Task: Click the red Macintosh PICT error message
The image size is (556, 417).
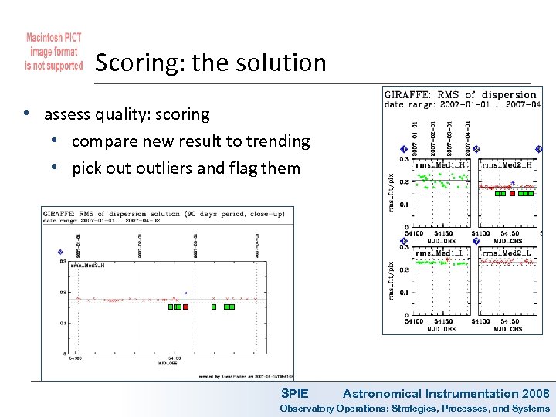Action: (53, 52)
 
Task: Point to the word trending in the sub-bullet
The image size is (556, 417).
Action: (276, 141)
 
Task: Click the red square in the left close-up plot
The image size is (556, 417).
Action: (185, 307)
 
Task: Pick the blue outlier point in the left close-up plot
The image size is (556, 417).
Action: (185, 293)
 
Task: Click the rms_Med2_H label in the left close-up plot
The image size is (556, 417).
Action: (86, 265)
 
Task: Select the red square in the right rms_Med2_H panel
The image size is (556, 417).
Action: (512, 194)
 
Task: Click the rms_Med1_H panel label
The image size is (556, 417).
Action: (439, 164)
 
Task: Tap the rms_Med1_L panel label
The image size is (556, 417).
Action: (439, 253)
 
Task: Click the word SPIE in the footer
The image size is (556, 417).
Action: (294, 394)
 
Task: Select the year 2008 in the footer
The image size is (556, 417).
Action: (536, 394)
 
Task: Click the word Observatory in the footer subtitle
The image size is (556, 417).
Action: (307, 409)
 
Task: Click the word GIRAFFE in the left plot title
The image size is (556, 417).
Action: (59, 214)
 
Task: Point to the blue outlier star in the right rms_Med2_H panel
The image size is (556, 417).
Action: (512, 183)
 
